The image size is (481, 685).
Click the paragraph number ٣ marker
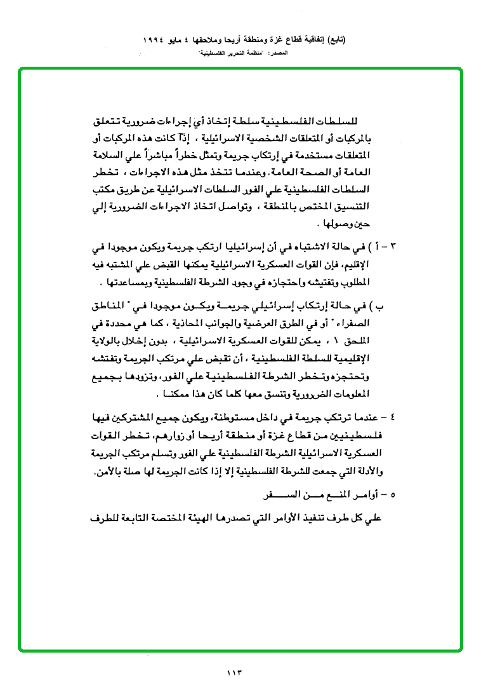click(x=391, y=246)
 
